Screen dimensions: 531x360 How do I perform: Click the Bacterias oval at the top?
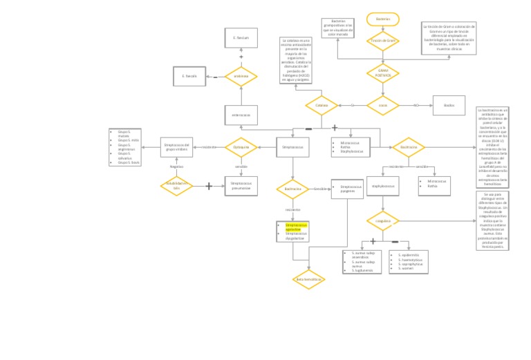pyautogui.click(x=383, y=19)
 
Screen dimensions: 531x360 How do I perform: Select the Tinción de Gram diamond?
pyautogui.click(x=383, y=41)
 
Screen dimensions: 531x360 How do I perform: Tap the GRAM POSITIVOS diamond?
pyautogui.click(x=383, y=73)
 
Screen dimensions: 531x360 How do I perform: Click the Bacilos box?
pyautogui.click(x=449, y=105)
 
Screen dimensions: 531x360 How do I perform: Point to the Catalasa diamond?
pyautogui.click(x=322, y=106)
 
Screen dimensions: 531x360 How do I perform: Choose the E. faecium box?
pyautogui.click(x=241, y=37)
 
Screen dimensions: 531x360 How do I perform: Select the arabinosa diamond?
pyautogui.click(x=241, y=76)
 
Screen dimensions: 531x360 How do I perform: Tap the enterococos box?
pyautogui.click(x=241, y=115)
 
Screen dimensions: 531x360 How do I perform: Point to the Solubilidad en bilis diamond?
pyautogui.click(x=176, y=186)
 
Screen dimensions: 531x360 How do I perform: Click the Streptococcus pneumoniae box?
pyautogui.click(x=241, y=186)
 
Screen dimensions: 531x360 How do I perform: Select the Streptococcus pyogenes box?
pyautogui.click(x=347, y=189)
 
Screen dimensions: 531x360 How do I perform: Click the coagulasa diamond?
pyautogui.click(x=383, y=221)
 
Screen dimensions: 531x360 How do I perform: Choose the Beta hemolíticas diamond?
pyautogui.click(x=309, y=279)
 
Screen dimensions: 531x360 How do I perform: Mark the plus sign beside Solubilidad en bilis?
pyautogui.click(x=209, y=186)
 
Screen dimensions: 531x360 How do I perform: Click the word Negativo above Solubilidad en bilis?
pyautogui.click(x=177, y=167)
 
